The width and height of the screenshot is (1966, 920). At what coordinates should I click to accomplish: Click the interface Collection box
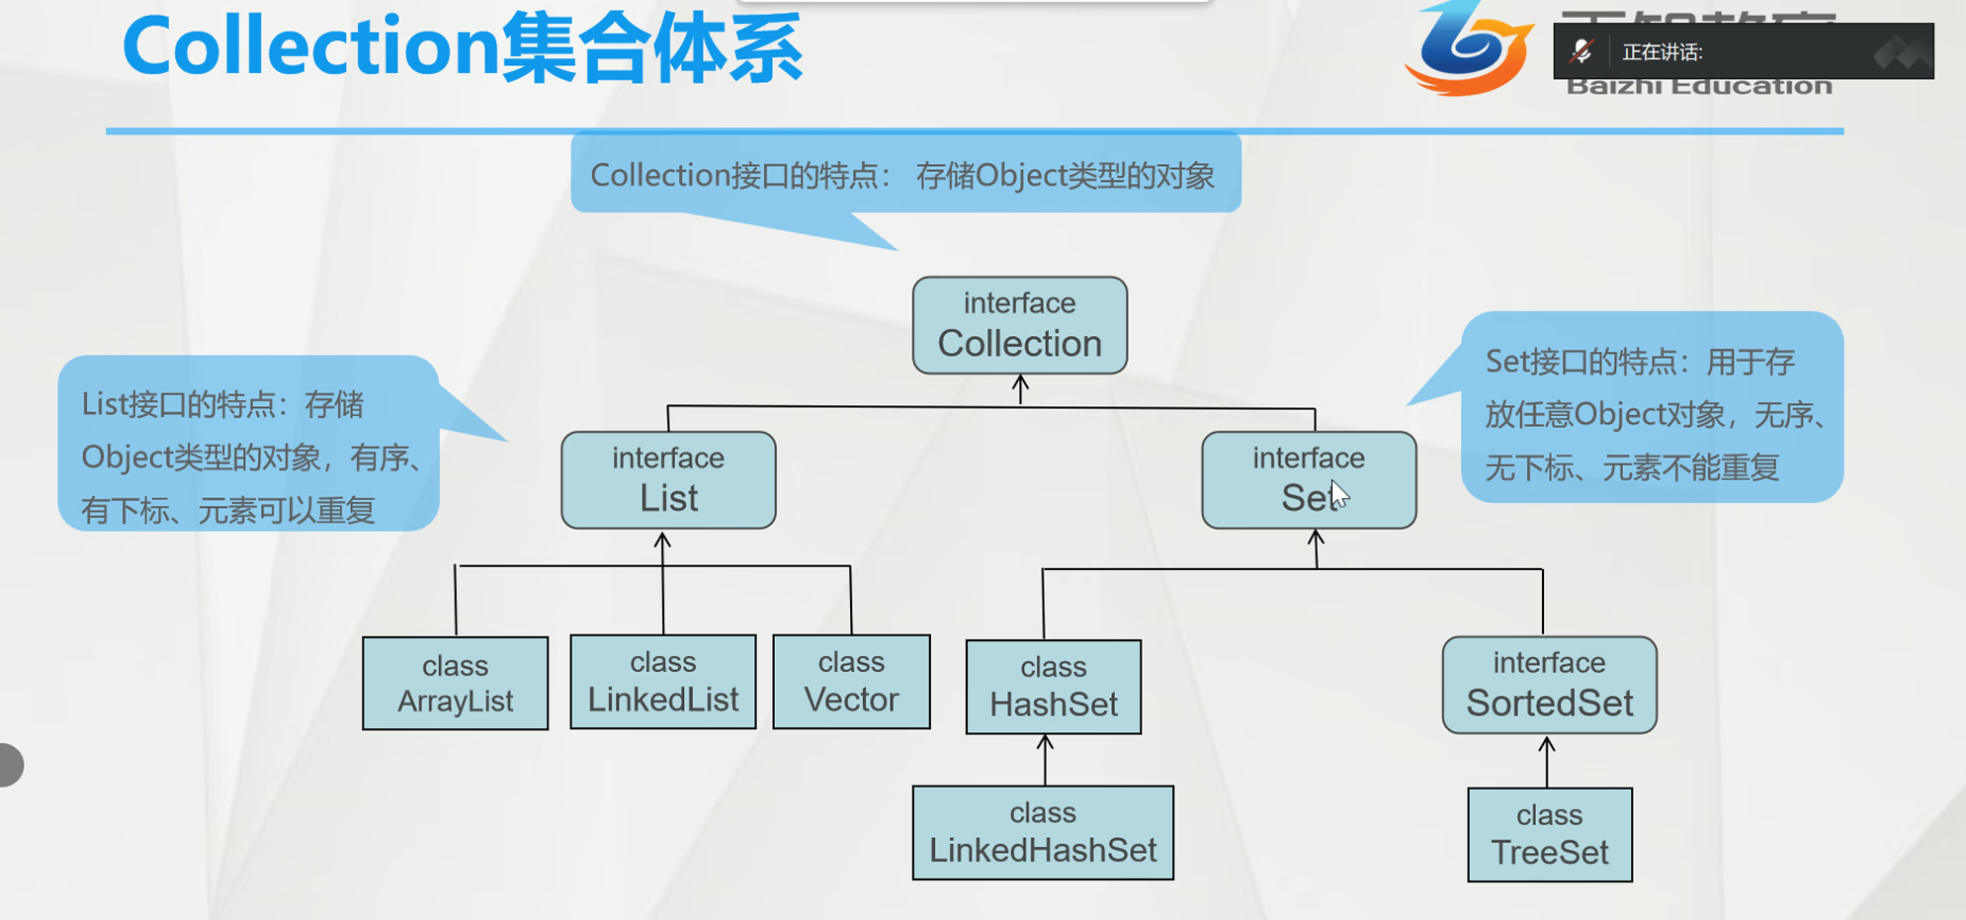point(1019,325)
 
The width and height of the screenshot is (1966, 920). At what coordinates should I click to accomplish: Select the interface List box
point(668,480)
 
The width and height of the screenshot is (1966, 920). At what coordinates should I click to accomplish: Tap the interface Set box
point(1308,480)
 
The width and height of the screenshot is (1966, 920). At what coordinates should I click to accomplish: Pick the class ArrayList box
point(455,684)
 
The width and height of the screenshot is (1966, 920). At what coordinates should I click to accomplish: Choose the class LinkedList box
point(662,682)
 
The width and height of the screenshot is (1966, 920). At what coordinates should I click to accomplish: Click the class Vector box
point(851,682)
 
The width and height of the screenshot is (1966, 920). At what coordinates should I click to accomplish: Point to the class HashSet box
point(1053,687)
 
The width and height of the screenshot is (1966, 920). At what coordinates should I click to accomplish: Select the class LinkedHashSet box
point(1043,833)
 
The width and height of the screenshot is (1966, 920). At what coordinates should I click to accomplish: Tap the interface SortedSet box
point(1549,685)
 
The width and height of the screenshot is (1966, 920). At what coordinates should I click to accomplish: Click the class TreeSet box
point(1549,835)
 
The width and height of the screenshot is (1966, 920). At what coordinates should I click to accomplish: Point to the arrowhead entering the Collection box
point(1021,382)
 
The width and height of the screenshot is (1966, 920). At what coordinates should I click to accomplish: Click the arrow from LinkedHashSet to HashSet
point(1046,759)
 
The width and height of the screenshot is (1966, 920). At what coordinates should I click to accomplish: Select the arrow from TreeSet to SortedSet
point(1547,761)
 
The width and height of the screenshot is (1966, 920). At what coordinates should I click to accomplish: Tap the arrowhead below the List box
point(662,540)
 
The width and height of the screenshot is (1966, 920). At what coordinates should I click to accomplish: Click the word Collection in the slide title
point(311,46)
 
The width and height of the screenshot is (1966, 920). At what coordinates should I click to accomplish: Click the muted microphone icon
point(1581,51)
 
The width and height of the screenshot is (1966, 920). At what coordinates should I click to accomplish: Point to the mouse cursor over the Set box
point(1338,493)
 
